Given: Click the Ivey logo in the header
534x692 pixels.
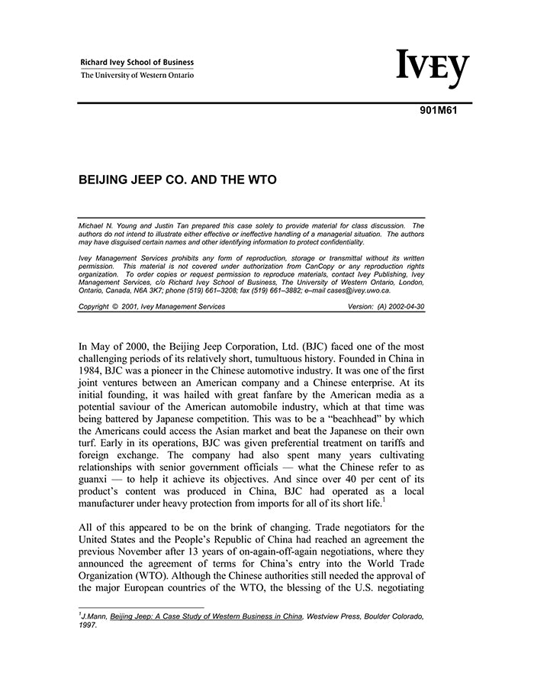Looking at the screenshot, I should (x=433, y=69).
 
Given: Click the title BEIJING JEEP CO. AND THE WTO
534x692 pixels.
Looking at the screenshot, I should (x=177, y=181).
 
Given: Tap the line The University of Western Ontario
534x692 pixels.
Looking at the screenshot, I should (x=137, y=75).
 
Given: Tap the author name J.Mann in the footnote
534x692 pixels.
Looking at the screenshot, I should (x=93, y=616).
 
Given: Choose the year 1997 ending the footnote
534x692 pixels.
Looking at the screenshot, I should (x=88, y=624).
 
